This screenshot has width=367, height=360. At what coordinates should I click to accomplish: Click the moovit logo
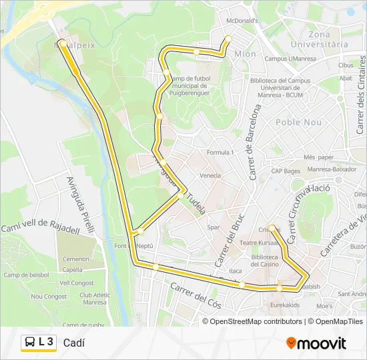(x=316, y=343)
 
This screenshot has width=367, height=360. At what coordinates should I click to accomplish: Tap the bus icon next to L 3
(x=30, y=343)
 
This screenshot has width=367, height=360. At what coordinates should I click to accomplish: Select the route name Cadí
(x=74, y=343)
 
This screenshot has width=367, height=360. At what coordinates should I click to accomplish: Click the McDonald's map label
(x=243, y=21)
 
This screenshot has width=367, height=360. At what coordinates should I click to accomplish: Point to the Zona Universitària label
(x=329, y=39)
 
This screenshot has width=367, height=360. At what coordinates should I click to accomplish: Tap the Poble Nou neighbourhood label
(x=298, y=122)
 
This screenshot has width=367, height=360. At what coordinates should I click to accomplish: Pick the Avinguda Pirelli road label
(x=79, y=199)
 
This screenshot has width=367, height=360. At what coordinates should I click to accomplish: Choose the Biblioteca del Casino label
(x=265, y=260)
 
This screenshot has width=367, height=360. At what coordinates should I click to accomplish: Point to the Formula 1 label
(x=220, y=153)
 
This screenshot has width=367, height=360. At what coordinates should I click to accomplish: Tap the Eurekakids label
(x=285, y=305)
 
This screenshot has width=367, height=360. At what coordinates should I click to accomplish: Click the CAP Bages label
(x=286, y=171)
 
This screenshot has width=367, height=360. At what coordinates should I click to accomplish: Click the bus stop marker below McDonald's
(x=228, y=38)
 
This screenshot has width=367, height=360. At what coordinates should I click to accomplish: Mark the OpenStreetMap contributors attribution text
(x=256, y=321)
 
